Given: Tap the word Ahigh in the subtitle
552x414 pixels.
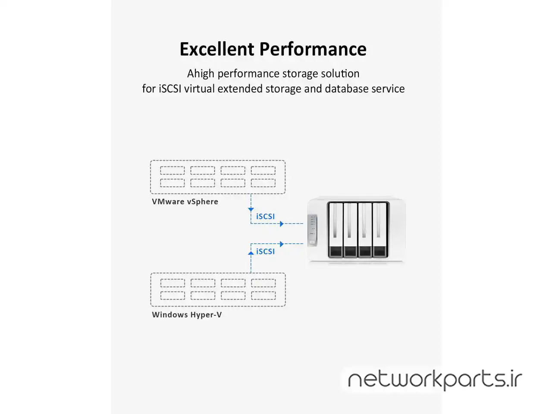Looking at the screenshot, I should point(201,74).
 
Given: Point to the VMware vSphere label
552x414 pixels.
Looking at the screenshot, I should point(185,202).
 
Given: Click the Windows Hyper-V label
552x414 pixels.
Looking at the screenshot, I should point(187,315).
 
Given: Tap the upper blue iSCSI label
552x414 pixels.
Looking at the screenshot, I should point(265,216).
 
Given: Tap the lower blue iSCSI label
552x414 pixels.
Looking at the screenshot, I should point(265,251).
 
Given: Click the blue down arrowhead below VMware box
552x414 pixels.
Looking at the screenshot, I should point(251,210).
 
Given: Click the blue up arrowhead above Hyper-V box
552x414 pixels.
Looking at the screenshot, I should point(251,253).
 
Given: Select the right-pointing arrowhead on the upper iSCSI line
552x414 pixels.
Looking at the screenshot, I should point(282,224).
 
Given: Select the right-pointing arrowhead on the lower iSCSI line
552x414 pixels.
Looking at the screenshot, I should point(282,244).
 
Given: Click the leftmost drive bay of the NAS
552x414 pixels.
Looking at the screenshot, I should point(336,229).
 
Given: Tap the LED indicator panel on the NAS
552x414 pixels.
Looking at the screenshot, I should point(312,230).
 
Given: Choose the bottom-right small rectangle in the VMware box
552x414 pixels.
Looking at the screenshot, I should point(263,183).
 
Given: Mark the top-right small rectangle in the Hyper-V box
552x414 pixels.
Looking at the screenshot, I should point(263,283).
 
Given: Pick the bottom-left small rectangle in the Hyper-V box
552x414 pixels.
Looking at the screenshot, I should point(172,295).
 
